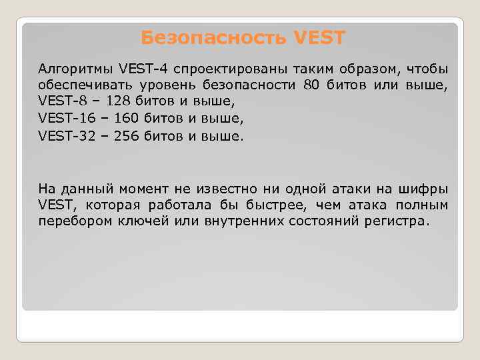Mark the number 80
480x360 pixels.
click(x=312, y=85)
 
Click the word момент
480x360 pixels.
click(x=145, y=189)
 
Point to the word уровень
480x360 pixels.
click(x=164, y=85)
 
